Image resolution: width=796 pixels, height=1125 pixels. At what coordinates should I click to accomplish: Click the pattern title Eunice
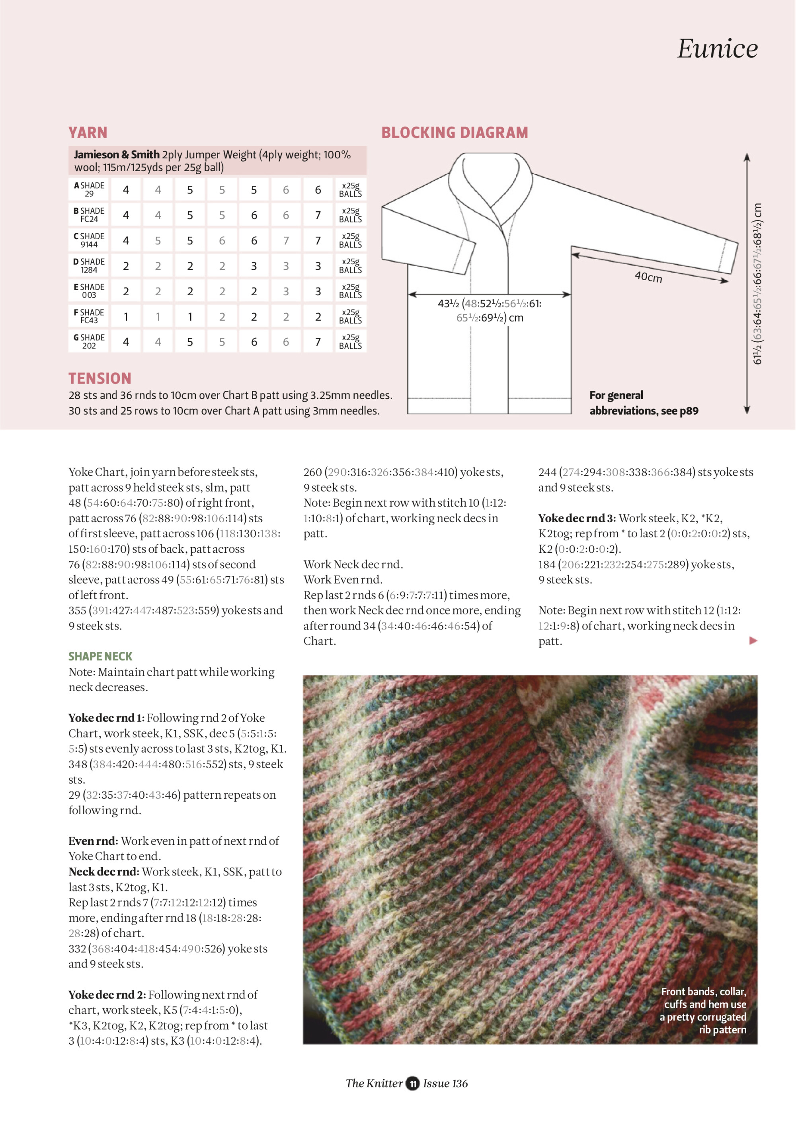click(717, 48)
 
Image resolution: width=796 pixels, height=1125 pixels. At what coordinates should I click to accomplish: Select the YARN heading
click(88, 133)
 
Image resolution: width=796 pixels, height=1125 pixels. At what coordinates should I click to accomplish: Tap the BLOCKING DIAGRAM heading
click(455, 133)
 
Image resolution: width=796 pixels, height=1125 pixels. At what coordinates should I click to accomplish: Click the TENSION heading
click(100, 378)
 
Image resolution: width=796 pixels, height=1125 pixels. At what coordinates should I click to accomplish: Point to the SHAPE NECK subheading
click(100, 656)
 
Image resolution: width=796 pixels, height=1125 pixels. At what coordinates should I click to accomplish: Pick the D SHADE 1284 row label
click(89, 265)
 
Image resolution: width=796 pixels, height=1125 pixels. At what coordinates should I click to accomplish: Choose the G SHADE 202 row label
click(89, 341)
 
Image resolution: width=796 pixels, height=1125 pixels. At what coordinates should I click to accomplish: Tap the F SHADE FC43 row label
click(89, 316)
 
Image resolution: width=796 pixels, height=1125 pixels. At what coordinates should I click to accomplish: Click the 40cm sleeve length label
click(648, 277)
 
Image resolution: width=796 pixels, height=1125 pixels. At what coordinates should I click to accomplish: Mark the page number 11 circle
click(413, 1083)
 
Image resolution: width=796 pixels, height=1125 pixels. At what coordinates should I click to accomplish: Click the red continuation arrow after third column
click(753, 640)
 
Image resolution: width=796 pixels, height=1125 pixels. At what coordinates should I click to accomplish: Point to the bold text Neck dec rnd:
click(103, 872)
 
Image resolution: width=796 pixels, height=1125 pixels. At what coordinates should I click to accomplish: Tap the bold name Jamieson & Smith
click(117, 155)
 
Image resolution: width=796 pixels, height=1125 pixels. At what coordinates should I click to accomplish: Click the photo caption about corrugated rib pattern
click(703, 1010)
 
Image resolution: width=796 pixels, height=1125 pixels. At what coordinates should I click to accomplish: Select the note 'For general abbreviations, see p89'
click(644, 403)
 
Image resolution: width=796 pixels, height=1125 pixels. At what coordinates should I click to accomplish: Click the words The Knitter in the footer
click(374, 1083)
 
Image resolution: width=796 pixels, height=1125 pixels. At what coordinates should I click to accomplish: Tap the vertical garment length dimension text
click(757, 284)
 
